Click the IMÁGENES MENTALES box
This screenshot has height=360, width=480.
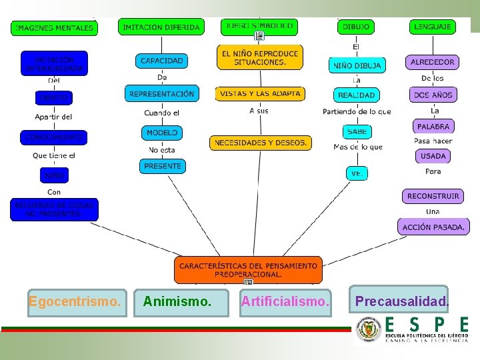[x=55, y=28]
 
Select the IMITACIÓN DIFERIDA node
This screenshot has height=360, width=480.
[x=161, y=27]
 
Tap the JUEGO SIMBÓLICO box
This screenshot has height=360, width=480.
[x=259, y=27]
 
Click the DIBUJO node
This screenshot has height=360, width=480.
[x=356, y=27]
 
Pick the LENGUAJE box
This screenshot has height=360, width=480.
[x=433, y=27]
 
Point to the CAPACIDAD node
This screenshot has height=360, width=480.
[x=162, y=61]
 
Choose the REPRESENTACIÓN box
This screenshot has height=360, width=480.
[x=162, y=94]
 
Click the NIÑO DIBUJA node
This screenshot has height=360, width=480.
[x=357, y=65]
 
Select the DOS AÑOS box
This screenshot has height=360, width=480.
[x=433, y=95]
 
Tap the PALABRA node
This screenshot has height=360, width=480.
[x=433, y=126]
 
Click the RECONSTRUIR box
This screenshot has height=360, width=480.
[x=433, y=196]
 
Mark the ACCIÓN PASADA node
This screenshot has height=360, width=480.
[x=433, y=227]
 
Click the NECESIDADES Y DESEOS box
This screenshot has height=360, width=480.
[x=261, y=143]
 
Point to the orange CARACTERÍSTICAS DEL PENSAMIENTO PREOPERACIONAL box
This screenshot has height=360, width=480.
[x=248, y=269]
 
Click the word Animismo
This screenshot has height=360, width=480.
[x=177, y=302]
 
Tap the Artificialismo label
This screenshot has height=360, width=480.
[x=285, y=302]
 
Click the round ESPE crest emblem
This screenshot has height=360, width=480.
[x=368, y=330]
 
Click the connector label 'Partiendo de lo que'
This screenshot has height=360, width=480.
[x=357, y=111]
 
